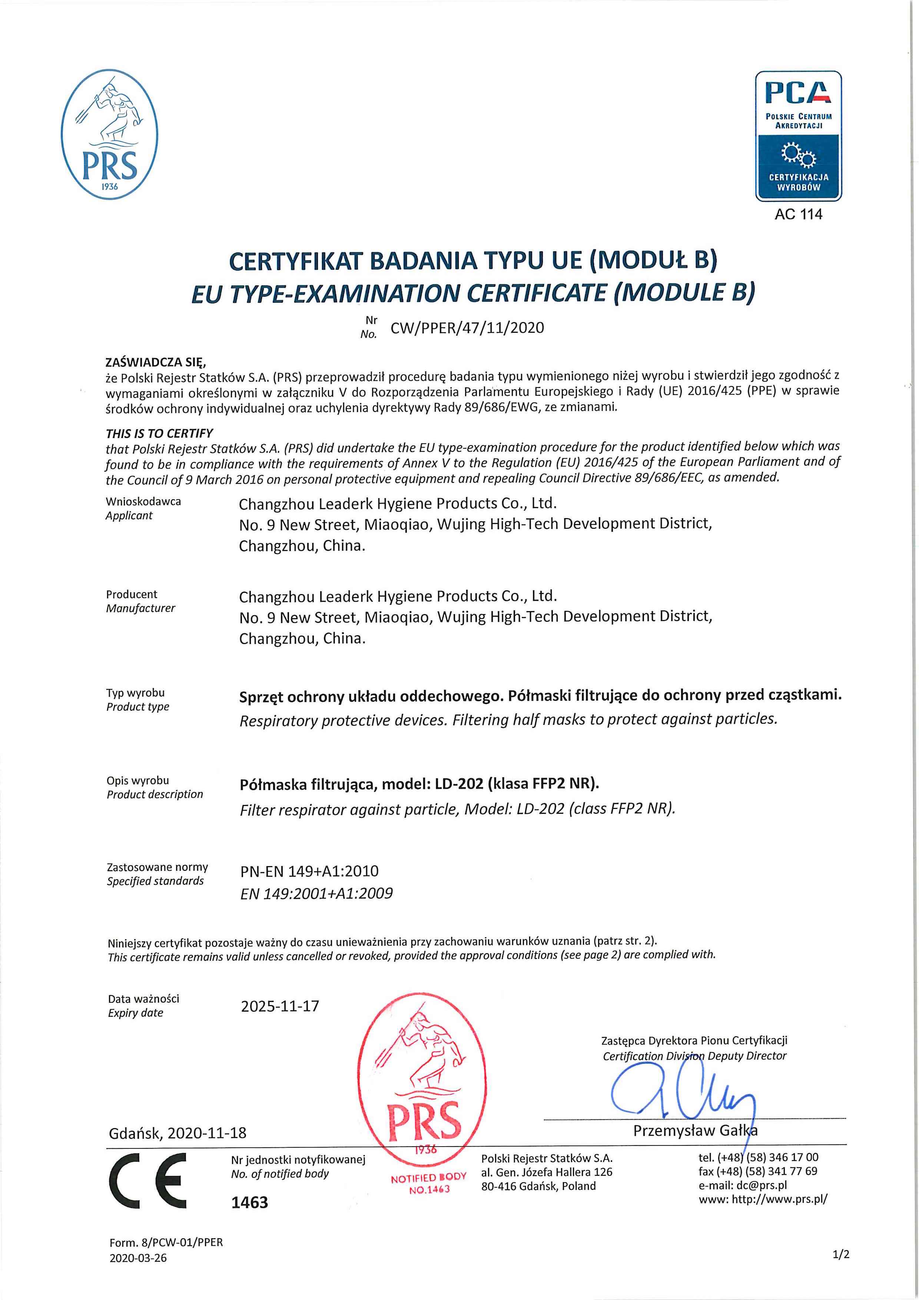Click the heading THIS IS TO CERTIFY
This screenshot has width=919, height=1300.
pos(159,433)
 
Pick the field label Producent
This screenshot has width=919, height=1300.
pos(132,594)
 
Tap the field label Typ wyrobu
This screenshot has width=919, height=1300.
pos(135,693)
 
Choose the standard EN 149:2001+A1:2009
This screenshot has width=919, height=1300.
pos(316,893)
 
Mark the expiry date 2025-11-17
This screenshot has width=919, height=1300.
pos(280,1006)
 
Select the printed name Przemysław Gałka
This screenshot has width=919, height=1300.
pos(695,1131)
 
